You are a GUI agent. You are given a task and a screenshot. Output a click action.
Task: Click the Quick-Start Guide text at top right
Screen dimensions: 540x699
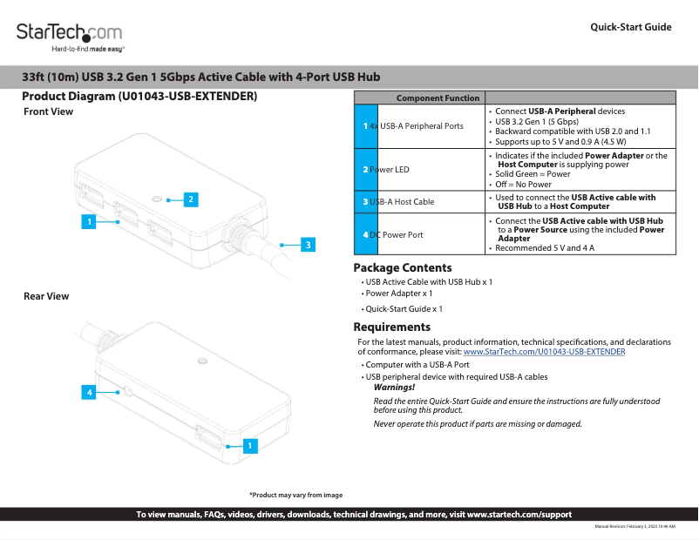[x=630, y=27]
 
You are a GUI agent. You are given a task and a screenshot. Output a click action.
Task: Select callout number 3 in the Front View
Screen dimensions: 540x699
[x=308, y=245]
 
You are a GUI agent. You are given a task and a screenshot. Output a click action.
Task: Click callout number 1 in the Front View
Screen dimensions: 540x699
[x=87, y=222]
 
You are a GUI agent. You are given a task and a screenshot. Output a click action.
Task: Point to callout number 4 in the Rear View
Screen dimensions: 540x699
[x=87, y=393]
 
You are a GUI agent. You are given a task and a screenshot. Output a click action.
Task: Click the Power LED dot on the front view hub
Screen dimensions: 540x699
[x=156, y=199]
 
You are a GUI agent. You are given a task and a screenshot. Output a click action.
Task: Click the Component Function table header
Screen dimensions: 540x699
[x=438, y=98]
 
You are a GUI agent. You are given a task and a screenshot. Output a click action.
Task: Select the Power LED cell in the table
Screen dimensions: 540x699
[x=389, y=169]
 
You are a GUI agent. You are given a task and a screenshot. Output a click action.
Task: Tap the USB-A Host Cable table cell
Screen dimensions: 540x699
[x=401, y=202]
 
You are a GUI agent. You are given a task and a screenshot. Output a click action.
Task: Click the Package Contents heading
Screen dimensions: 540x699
[x=402, y=268]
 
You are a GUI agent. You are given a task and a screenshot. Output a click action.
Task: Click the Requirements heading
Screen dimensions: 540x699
[x=391, y=327]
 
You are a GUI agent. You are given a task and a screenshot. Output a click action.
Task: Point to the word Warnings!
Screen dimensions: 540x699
[x=394, y=387]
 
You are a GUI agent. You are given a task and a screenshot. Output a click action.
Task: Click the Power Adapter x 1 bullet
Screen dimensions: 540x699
[x=398, y=294]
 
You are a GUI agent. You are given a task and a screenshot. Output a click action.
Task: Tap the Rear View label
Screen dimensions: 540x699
[x=46, y=296]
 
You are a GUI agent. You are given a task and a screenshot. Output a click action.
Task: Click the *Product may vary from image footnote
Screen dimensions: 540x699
[x=295, y=495]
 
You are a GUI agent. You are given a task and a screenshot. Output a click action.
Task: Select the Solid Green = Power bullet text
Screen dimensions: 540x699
[x=533, y=174]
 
